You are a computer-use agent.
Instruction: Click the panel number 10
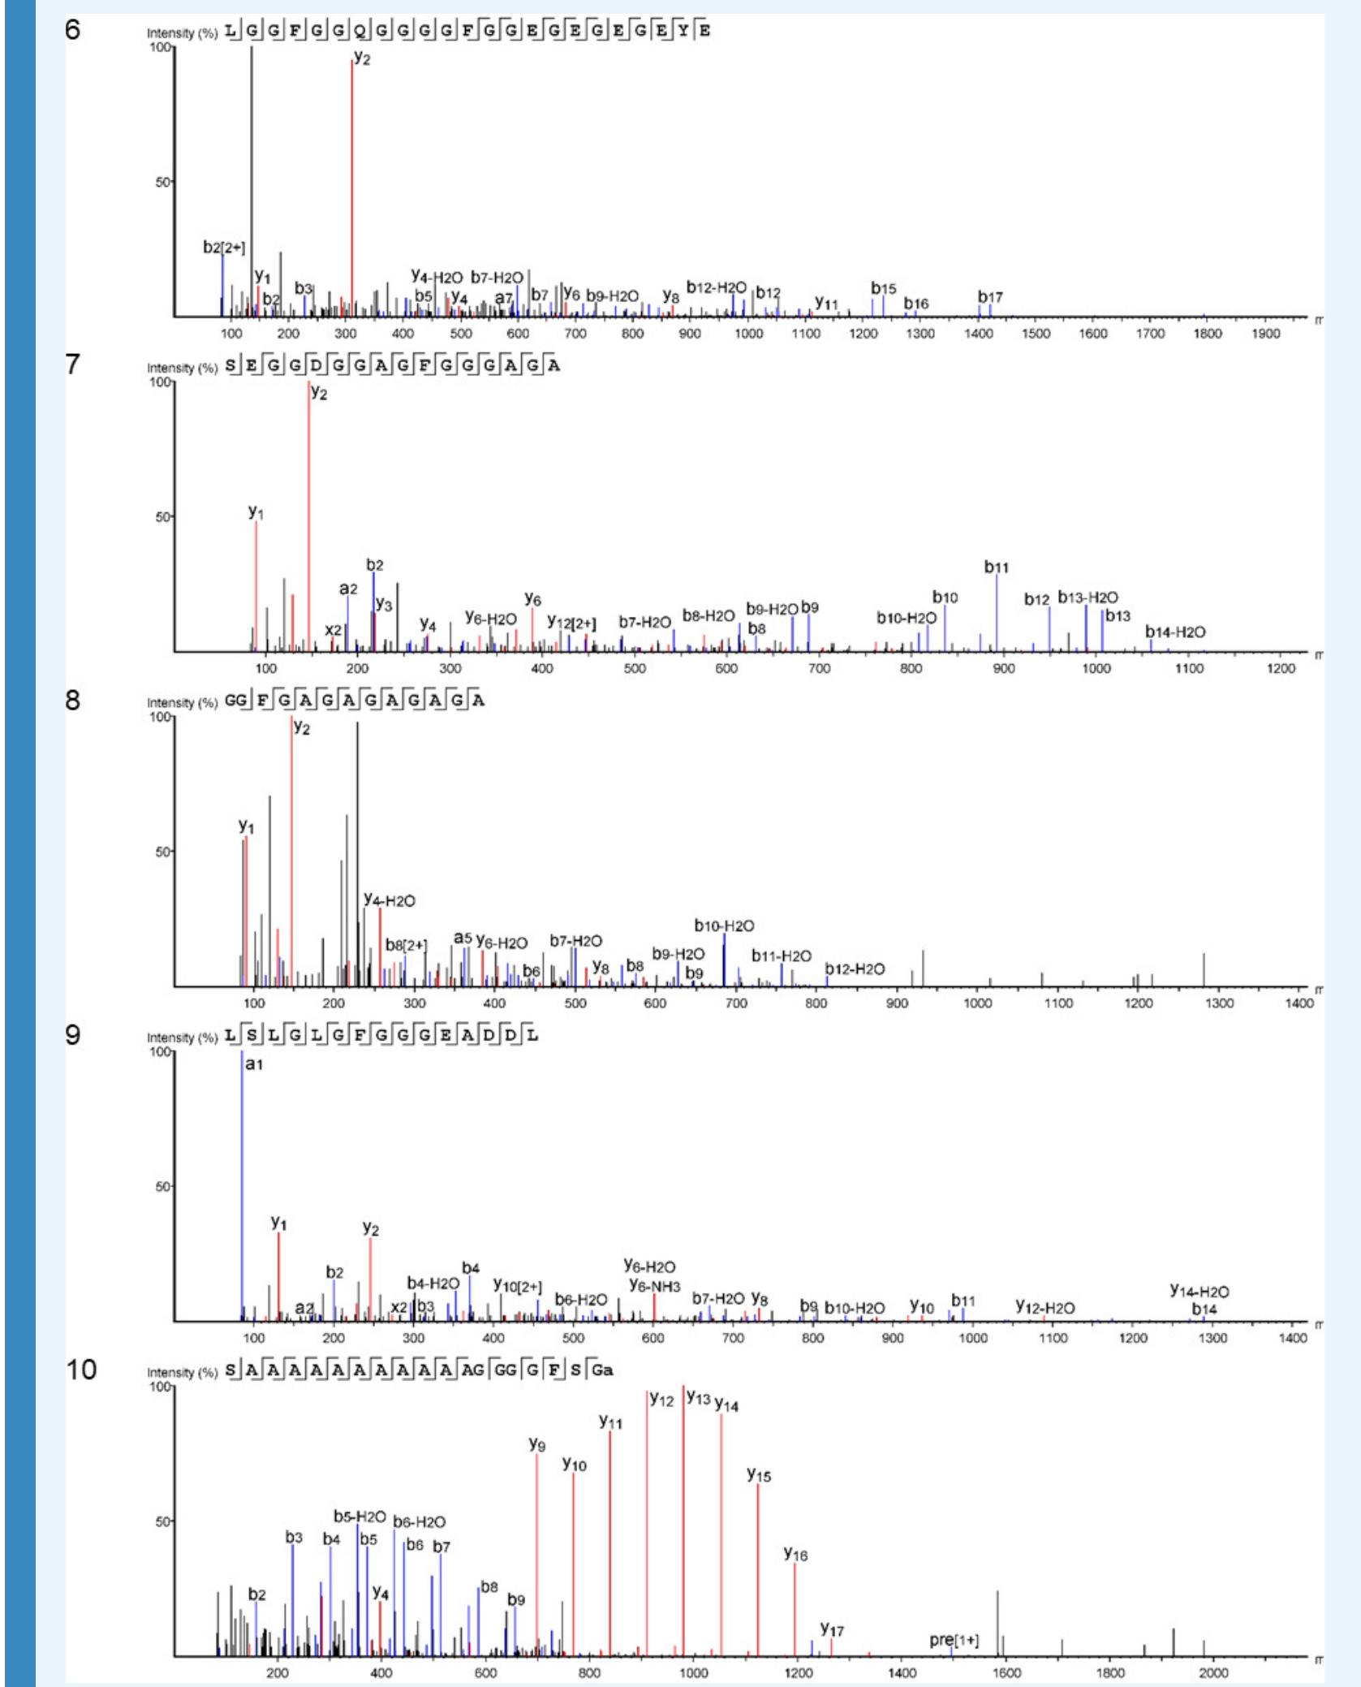[80, 1370]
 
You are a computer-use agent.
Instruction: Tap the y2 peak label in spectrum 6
[362, 58]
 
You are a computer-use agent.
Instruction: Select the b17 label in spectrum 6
[990, 296]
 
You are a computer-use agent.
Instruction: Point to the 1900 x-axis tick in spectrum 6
[1266, 334]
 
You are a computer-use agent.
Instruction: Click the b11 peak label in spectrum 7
[996, 567]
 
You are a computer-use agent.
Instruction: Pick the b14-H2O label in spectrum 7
[1175, 632]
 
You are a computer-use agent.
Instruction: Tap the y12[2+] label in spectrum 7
[571, 623]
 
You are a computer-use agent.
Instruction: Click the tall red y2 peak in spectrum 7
[309, 520]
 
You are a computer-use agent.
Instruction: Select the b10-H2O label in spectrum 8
[724, 925]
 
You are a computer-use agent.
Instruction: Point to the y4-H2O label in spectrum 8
[390, 900]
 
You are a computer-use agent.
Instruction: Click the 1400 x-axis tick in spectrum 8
[1299, 1003]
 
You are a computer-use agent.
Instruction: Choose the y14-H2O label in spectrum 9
[1199, 1291]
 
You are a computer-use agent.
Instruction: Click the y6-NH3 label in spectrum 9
[655, 1284]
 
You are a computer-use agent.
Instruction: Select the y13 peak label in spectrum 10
[698, 1398]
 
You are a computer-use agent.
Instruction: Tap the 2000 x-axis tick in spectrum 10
[1214, 1673]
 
